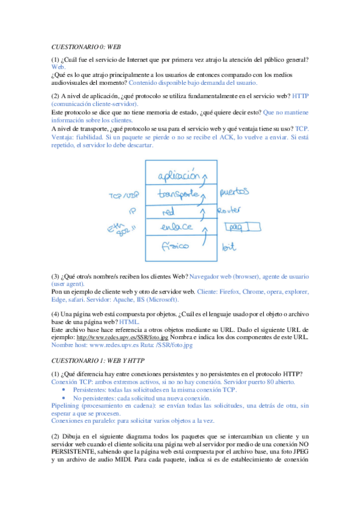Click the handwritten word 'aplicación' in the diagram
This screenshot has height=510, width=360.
point(178,176)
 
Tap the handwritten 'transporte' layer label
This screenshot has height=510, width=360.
point(178,194)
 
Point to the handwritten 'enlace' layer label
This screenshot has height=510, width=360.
point(176,227)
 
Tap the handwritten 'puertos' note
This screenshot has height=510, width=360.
point(234,193)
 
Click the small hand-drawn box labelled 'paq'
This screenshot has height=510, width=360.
point(242,227)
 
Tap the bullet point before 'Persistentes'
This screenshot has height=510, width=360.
point(64,390)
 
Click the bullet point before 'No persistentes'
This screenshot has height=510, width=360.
point(64,398)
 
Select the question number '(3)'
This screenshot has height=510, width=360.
point(55,276)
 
